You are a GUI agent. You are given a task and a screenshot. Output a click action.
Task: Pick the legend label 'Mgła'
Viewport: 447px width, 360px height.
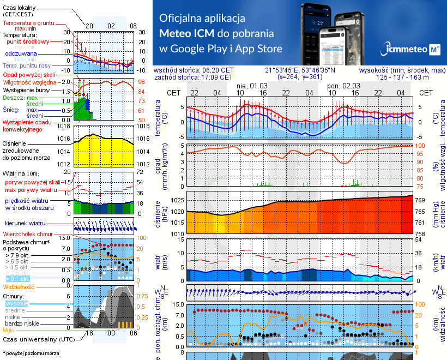9,330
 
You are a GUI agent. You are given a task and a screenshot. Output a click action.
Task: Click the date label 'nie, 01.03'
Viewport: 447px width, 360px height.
251,86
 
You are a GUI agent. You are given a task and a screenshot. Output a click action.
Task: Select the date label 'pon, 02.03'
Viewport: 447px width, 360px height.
343,86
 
